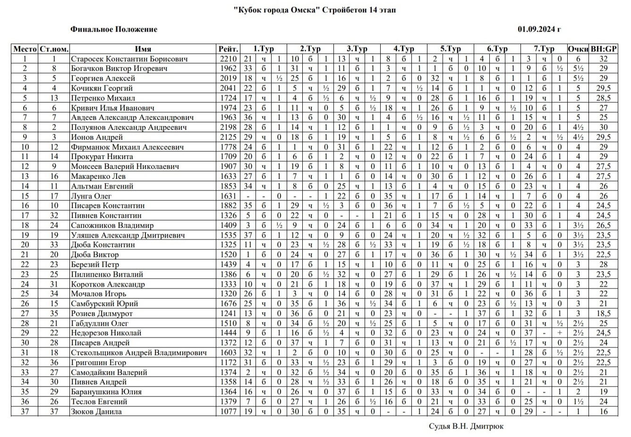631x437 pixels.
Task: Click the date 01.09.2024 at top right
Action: coord(539,29)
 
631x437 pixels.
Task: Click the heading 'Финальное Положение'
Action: coord(114,29)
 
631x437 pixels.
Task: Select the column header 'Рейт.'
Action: coord(229,49)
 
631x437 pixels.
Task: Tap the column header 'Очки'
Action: coord(578,49)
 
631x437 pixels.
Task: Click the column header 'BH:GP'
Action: coord(604,49)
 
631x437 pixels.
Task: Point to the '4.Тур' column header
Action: coord(404,49)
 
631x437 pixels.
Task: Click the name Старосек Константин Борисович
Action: coord(129,59)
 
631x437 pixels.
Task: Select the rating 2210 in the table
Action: coord(229,59)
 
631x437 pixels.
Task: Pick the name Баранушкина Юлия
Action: coord(106,392)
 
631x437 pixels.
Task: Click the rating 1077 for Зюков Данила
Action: coord(229,412)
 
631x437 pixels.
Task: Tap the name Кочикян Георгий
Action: coord(102,88)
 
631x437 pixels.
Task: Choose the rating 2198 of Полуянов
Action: coord(229,127)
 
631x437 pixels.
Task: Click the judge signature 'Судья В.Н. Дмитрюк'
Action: coord(466,426)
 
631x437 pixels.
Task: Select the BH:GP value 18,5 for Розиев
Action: coord(604,313)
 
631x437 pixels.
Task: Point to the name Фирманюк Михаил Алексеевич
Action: coord(128,147)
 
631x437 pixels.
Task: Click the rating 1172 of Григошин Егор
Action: coord(229,363)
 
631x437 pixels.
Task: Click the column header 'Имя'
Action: coord(143,49)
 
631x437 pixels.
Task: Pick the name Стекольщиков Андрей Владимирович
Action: coord(139,353)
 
